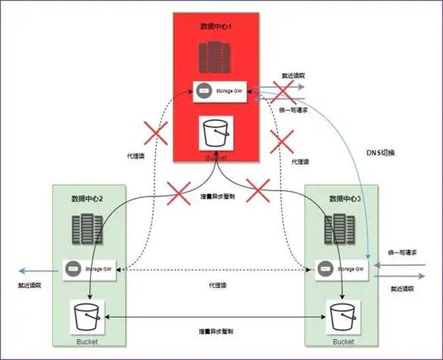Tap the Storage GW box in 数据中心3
click(x=341, y=269)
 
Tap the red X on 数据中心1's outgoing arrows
click(x=281, y=92)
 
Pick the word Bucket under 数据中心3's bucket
click(x=343, y=341)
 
